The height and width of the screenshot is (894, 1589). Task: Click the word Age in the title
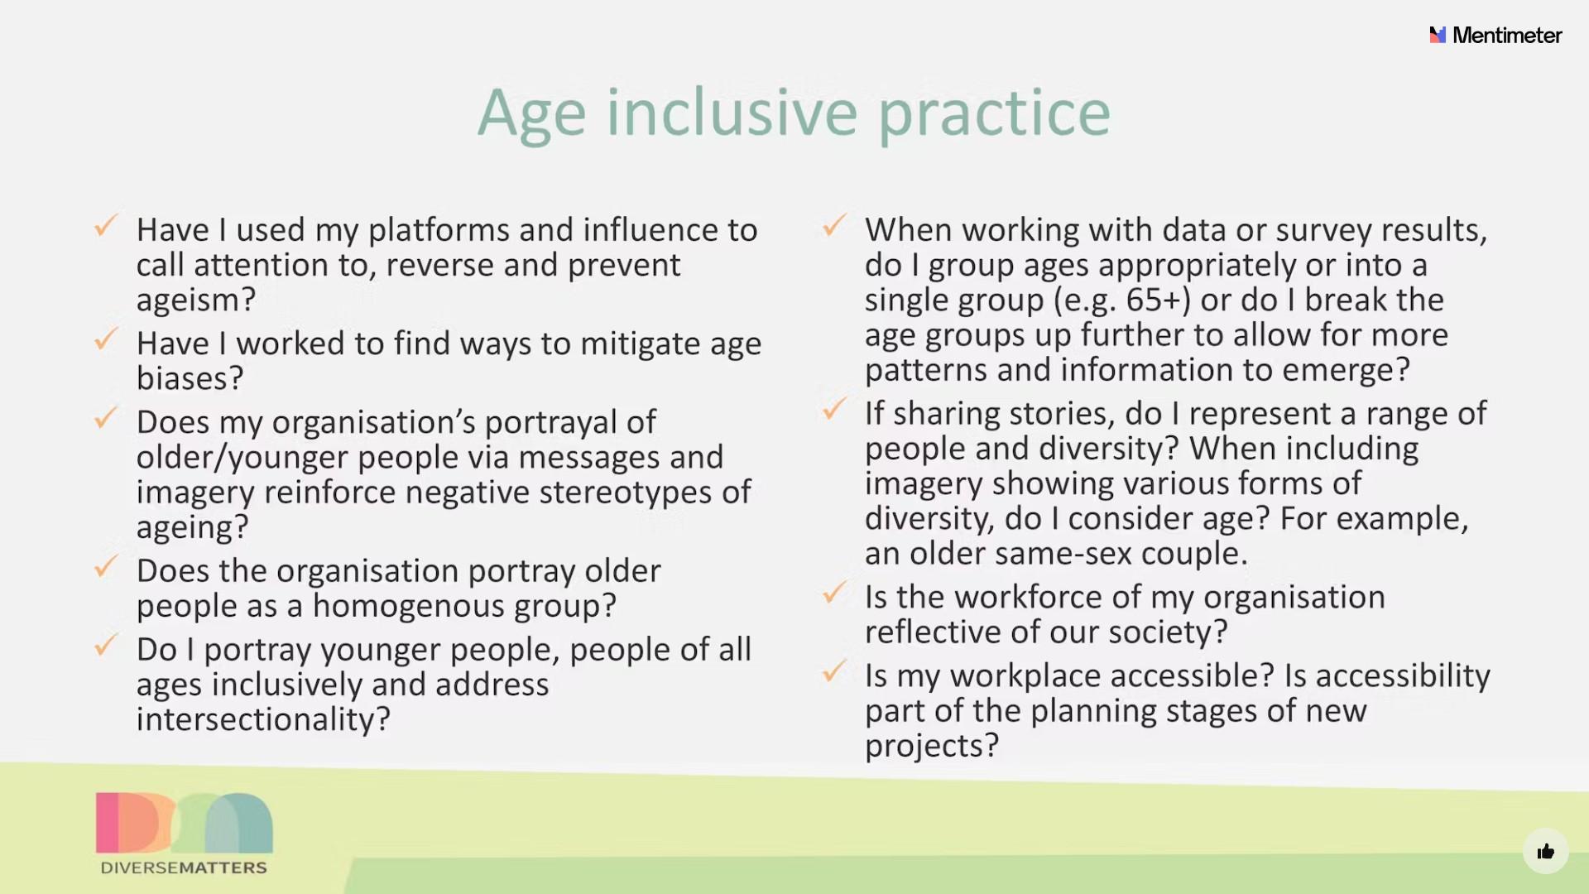tap(531, 114)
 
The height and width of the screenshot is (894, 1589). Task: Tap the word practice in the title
tap(994, 114)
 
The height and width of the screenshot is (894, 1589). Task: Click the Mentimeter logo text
tap(1507, 35)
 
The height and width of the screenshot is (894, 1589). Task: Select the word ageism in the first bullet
tap(190, 300)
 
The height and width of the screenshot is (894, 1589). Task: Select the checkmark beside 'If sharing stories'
tap(834, 407)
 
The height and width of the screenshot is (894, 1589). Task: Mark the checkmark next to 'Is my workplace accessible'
tap(834, 670)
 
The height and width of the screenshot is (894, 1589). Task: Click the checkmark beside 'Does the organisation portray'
tap(106, 565)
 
